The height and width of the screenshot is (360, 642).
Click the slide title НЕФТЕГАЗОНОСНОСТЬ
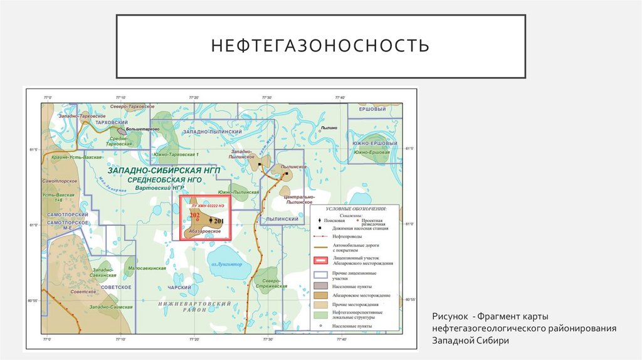(x=320, y=46)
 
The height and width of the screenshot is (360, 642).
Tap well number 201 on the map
(x=218, y=221)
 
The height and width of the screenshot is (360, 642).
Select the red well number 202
(x=194, y=215)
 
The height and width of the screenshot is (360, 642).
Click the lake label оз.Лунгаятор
(x=226, y=264)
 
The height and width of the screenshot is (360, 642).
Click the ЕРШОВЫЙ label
(x=372, y=109)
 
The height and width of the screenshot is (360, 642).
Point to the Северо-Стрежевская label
(x=270, y=283)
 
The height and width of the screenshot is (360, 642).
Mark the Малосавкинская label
(x=147, y=268)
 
